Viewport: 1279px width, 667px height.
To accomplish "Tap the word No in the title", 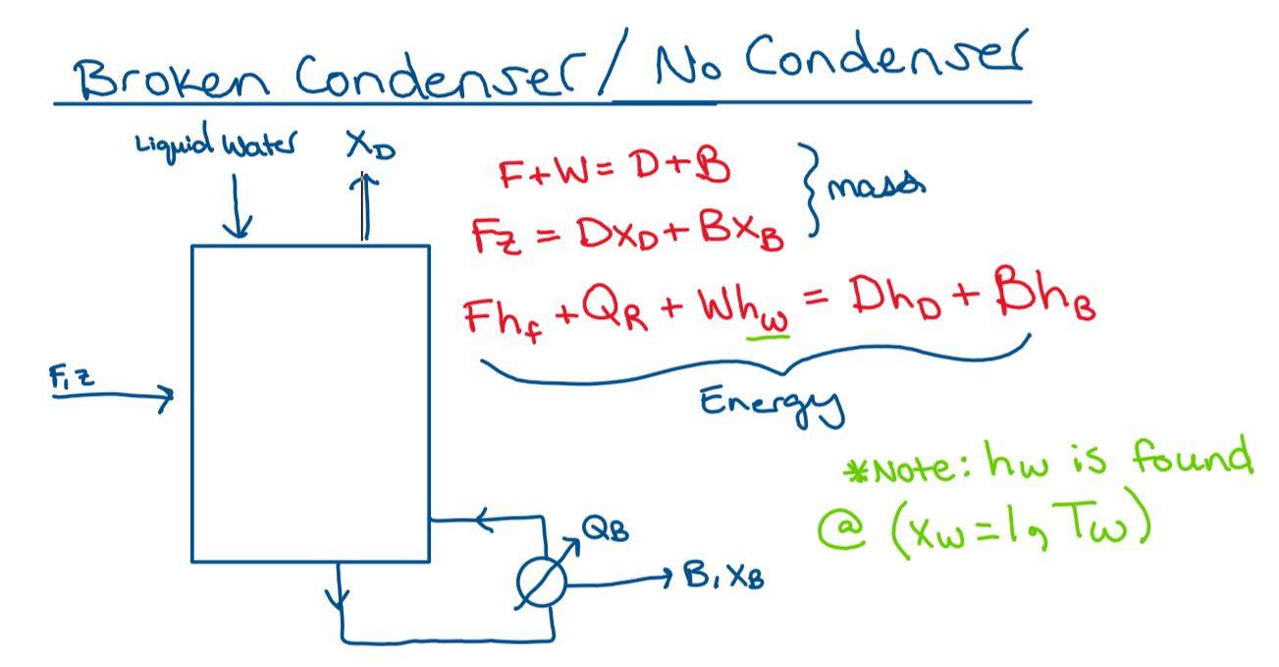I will (x=671, y=66).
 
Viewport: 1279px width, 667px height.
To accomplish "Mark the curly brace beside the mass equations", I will (x=813, y=191).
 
